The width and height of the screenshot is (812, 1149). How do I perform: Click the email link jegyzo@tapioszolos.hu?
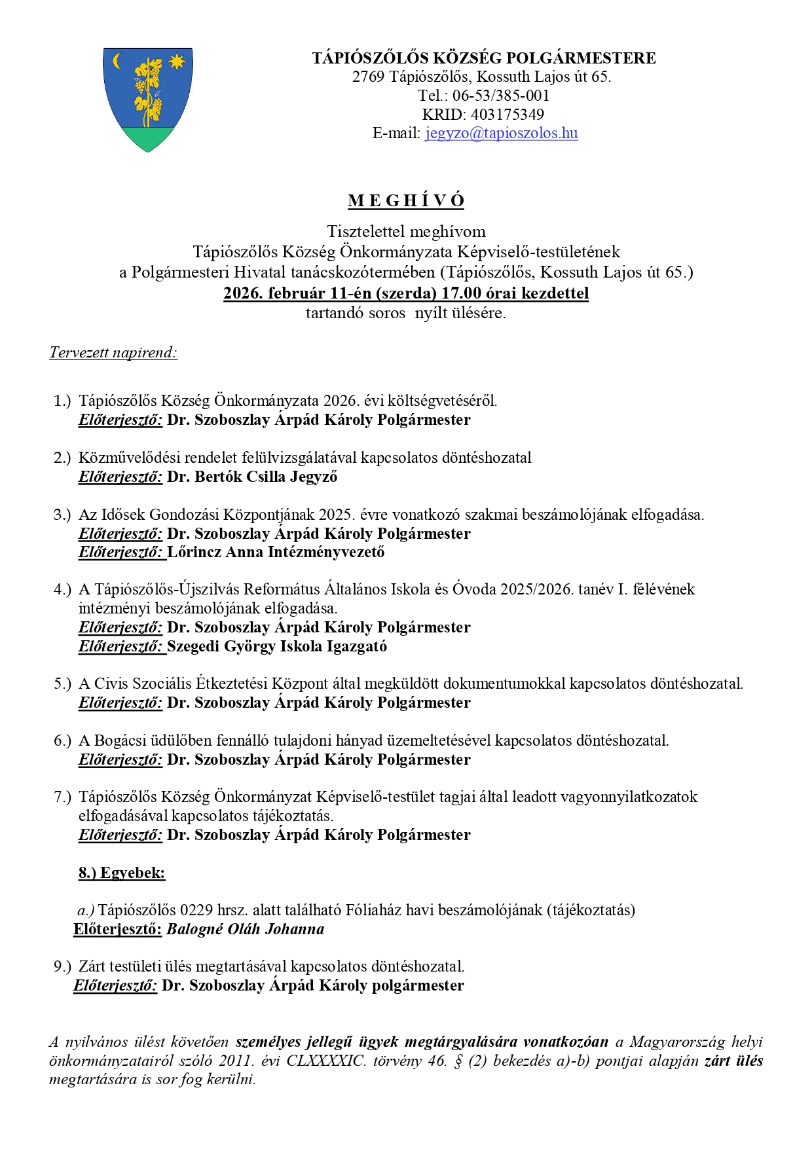click(501, 134)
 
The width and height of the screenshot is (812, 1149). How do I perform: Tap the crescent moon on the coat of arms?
click(118, 61)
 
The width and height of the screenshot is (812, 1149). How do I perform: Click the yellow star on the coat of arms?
click(177, 62)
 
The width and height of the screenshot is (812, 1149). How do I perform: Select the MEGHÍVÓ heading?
click(406, 201)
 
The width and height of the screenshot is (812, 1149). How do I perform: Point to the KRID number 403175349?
click(507, 115)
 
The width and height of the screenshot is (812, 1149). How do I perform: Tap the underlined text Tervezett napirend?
click(113, 353)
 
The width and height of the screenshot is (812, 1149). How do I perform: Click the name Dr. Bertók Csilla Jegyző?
click(252, 477)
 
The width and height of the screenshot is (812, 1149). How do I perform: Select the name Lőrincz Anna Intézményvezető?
click(276, 552)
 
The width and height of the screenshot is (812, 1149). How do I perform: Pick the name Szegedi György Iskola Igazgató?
click(276, 646)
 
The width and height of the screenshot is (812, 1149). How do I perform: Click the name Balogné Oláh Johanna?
click(245, 929)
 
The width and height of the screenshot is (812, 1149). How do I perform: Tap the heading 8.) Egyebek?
click(122, 873)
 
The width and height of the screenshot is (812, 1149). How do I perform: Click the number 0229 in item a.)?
click(196, 910)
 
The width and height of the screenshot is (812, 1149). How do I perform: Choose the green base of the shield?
click(148, 137)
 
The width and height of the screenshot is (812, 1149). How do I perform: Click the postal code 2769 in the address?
click(368, 77)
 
